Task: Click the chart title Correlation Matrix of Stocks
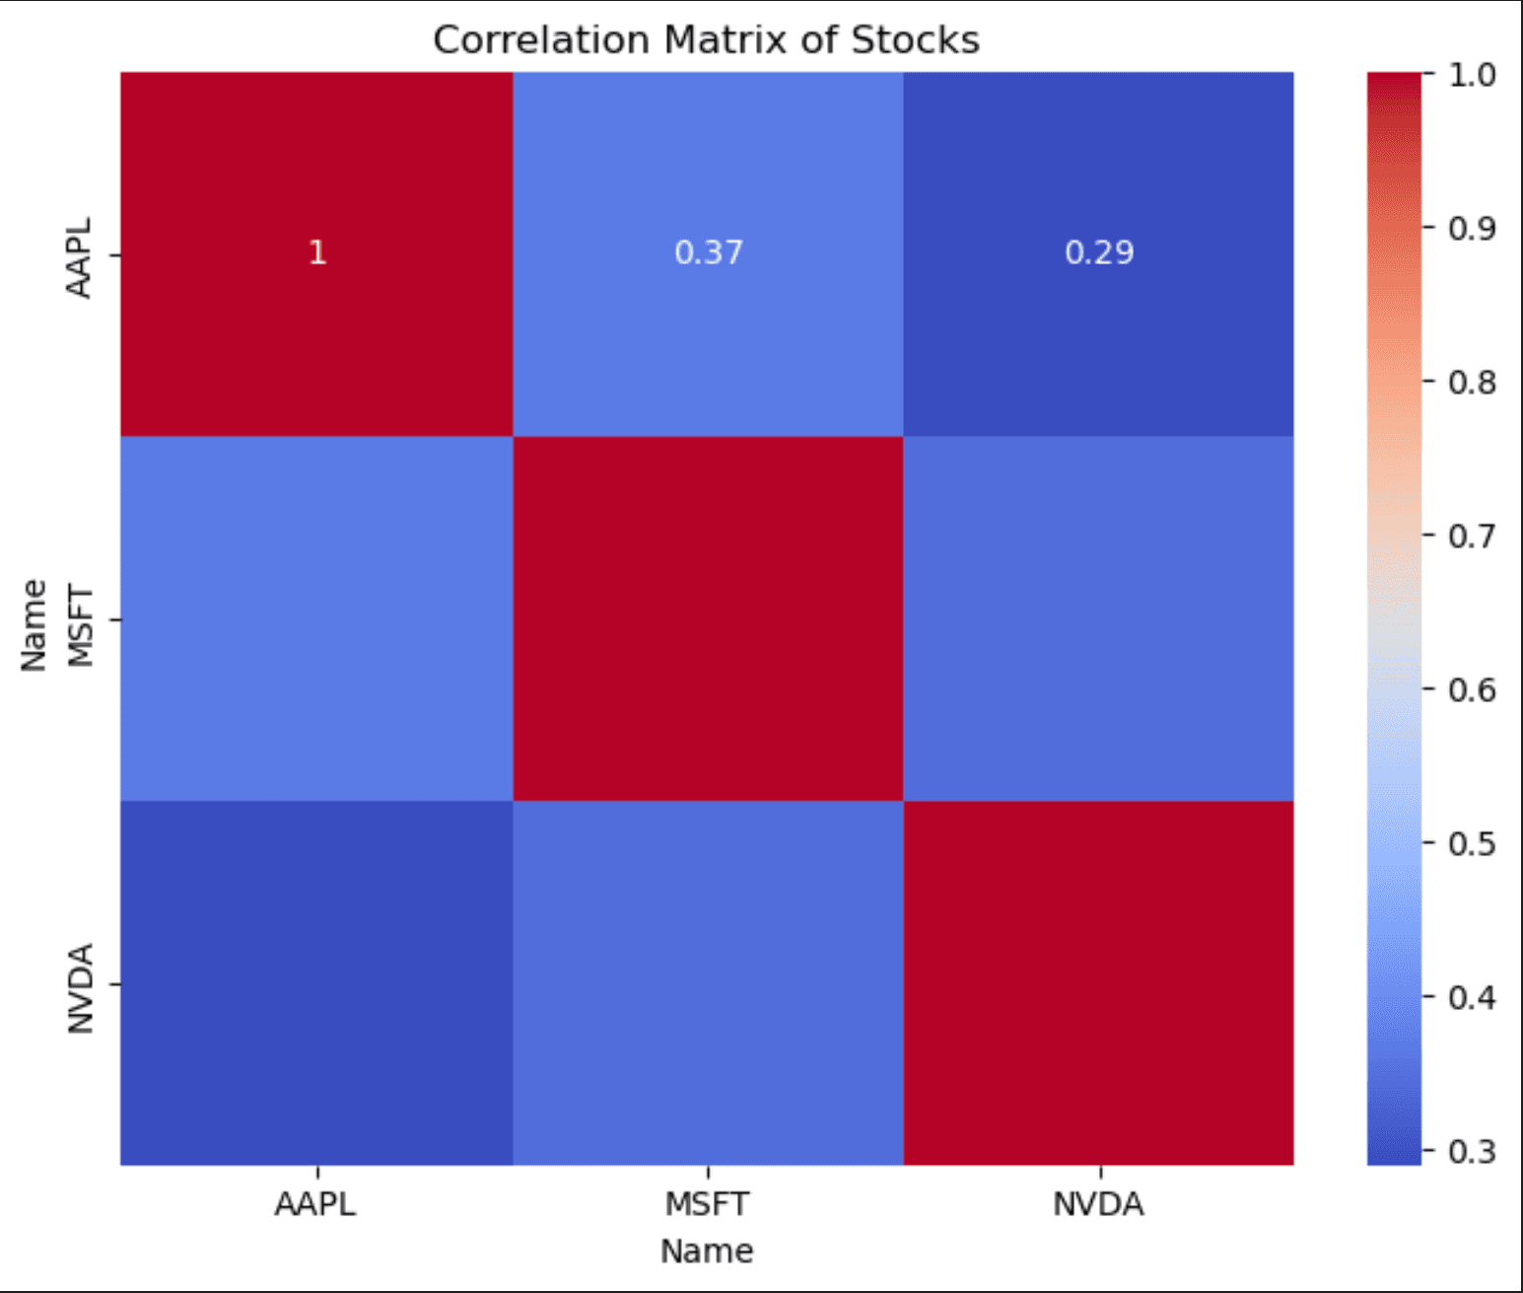(x=706, y=40)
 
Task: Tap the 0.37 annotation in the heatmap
(x=708, y=252)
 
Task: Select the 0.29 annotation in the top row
(x=1099, y=252)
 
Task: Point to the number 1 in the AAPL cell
(x=316, y=252)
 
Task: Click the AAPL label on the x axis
(x=315, y=1204)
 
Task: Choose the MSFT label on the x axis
(x=707, y=1204)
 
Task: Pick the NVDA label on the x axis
(x=1098, y=1204)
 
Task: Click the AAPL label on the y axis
(x=79, y=257)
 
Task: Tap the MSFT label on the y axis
(x=79, y=626)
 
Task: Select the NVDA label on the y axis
(x=79, y=988)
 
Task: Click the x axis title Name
(x=707, y=1251)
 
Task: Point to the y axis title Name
(x=34, y=625)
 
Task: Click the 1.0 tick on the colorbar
(x=1471, y=75)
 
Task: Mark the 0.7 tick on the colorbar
(x=1471, y=536)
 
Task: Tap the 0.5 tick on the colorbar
(x=1471, y=843)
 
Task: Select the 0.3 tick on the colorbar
(x=1471, y=1151)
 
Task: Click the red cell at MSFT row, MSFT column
(x=708, y=618)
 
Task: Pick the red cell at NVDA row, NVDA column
(x=1098, y=982)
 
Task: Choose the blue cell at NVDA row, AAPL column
(x=316, y=982)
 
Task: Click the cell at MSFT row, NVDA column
(x=1098, y=618)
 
